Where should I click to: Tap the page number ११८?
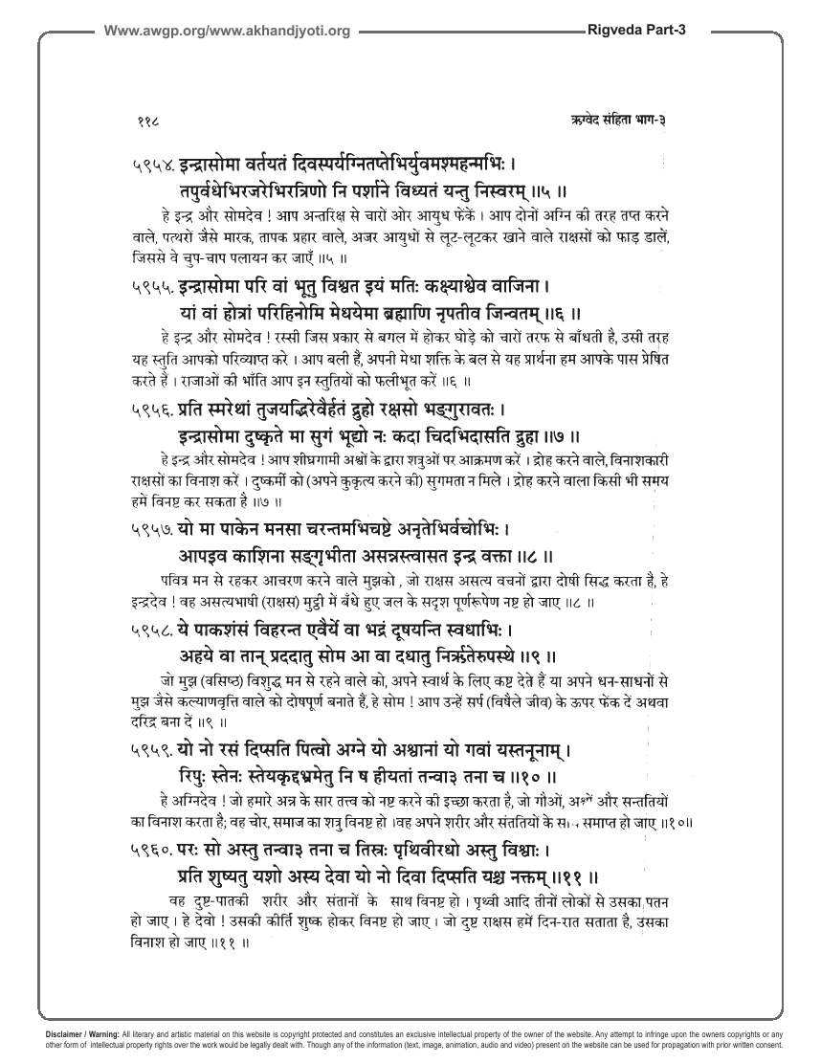(149, 123)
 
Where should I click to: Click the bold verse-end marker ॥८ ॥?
(532, 554)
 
